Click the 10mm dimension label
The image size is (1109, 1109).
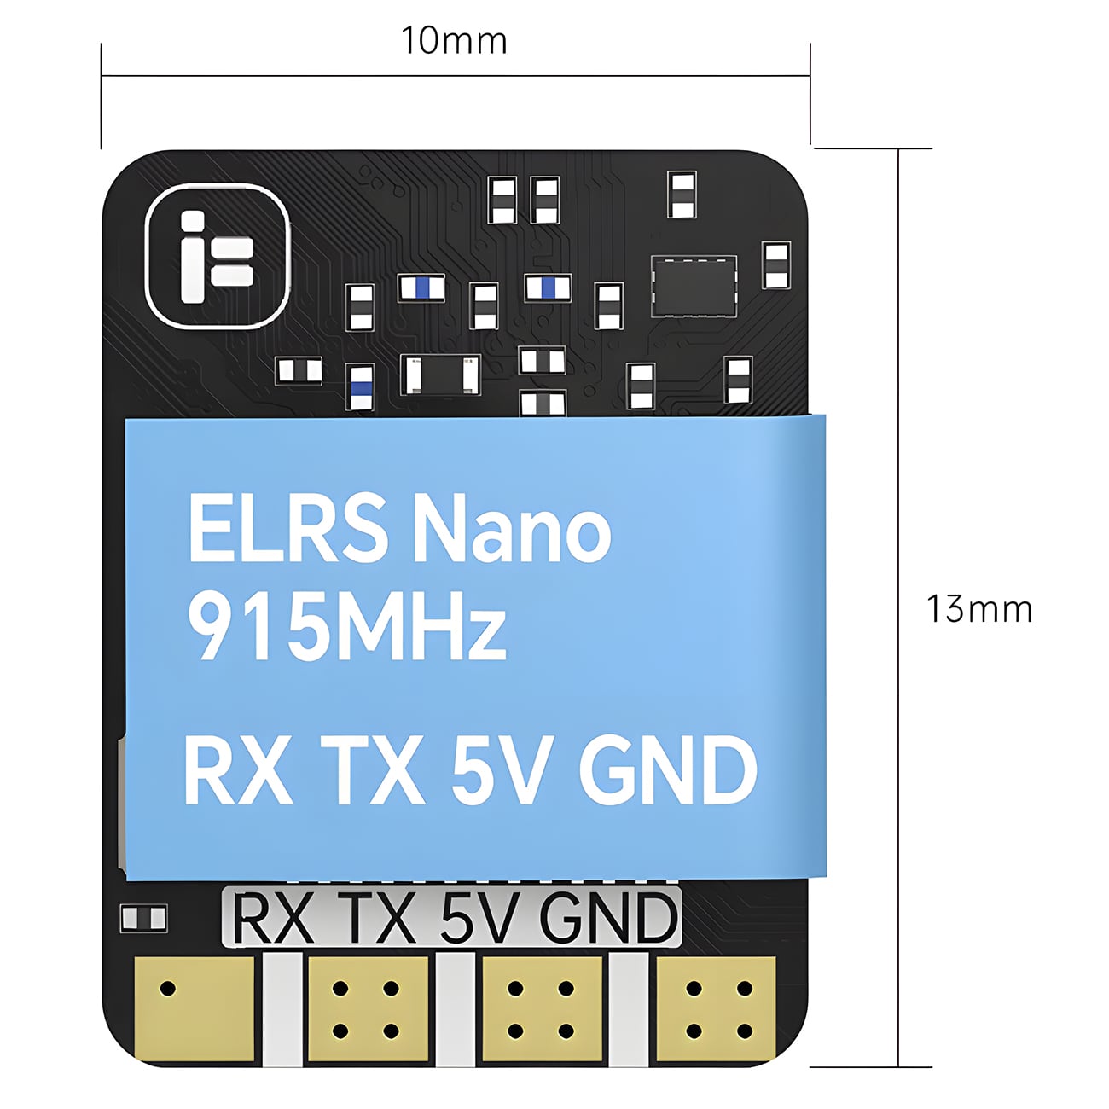(454, 40)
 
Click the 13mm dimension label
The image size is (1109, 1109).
(979, 609)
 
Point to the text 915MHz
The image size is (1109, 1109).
(346, 628)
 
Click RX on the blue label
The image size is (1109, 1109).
(236, 772)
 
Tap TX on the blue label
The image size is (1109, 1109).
(372, 772)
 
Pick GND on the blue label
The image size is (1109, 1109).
(667, 772)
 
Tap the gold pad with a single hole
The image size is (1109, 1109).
(195, 1008)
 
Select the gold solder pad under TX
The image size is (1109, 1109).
(368, 1008)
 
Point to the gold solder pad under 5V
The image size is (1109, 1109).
(542, 1008)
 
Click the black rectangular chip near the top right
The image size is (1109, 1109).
(694, 285)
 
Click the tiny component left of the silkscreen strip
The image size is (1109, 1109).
(143, 918)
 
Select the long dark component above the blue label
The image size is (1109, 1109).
(439, 375)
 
